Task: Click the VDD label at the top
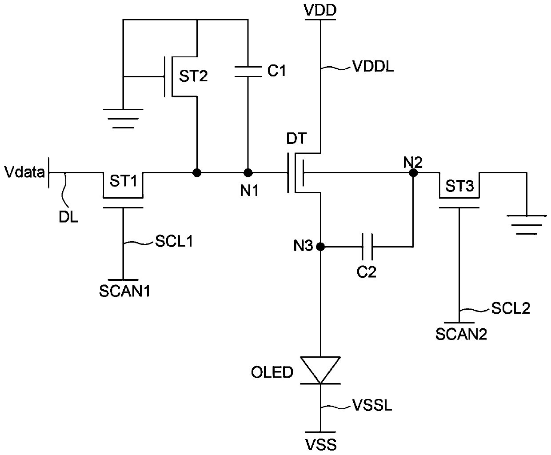(x=320, y=10)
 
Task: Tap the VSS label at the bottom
(x=321, y=445)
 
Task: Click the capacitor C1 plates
(x=248, y=72)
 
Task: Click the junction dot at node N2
(x=413, y=173)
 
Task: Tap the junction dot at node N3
(x=320, y=247)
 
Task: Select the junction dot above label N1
(x=248, y=173)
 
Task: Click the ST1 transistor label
(x=123, y=181)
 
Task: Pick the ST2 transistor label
(x=193, y=76)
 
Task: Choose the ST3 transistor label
(x=460, y=186)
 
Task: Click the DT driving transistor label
(x=297, y=139)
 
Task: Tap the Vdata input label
(x=24, y=172)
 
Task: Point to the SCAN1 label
(x=124, y=291)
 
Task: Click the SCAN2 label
(x=461, y=334)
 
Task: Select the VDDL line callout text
(x=373, y=66)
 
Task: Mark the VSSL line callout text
(x=372, y=405)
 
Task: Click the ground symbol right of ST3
(x=527, y=225)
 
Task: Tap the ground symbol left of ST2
(x=123, y=119)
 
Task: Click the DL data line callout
(x=68, y=217)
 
